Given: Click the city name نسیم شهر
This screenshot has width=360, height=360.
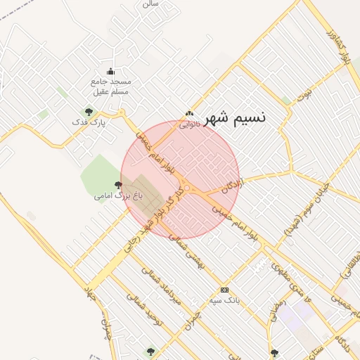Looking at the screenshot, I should tap(235, 117).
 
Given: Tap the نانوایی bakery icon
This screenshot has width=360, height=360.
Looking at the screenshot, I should tap(188, 114).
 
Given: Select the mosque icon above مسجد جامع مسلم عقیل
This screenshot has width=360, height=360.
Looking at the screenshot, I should tap(110, 71).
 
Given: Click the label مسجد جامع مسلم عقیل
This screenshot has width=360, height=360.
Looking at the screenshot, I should tap(111, 86).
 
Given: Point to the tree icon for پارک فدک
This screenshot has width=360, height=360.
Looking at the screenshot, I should tap(89, 111).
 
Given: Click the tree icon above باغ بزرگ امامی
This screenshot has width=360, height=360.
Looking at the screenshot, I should tap(117, 184).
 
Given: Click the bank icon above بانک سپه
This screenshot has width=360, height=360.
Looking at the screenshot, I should tap(224, 290).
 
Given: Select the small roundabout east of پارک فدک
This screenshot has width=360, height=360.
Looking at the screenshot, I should tap(122, 112).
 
